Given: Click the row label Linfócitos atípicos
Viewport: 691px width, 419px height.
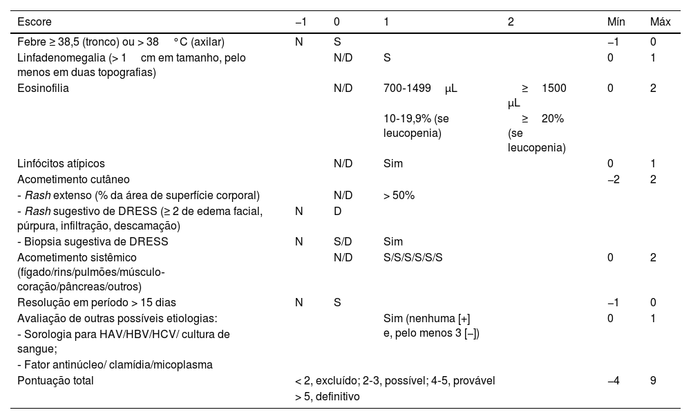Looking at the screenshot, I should [61, 164].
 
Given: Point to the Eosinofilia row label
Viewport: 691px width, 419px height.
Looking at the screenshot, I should [43, 89].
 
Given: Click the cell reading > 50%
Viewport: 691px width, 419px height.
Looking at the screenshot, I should [399, 195].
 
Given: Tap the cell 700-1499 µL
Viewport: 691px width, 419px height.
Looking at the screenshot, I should [420, 89].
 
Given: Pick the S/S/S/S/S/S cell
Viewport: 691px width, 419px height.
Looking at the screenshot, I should [413, 257].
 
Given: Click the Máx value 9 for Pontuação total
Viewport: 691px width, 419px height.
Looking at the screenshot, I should [653, 380].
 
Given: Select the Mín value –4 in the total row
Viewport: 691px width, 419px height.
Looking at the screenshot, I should [613, 380].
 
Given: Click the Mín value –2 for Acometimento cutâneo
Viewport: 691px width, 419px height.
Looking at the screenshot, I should [613, 180].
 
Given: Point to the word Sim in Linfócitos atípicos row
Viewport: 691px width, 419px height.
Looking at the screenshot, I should [392, 164].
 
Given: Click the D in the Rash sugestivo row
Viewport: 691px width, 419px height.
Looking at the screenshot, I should [337, 211].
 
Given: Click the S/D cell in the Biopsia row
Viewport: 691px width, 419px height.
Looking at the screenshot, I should [343, 242].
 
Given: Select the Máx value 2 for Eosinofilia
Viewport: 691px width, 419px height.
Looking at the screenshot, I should [653, 89].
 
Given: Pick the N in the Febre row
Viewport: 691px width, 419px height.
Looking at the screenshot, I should [299, 41].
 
